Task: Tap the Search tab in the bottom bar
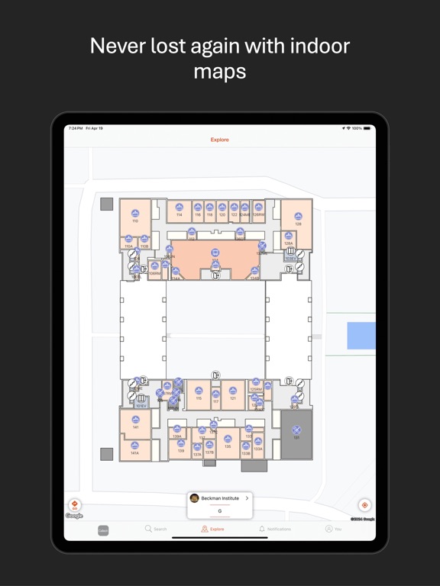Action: coord(156,529)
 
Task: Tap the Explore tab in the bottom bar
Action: coord(213,529)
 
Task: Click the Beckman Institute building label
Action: coord(220,498)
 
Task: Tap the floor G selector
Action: coord(220,511)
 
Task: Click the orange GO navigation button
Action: coord(74,505)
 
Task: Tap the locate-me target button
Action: coord(364,505)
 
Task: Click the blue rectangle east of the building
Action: coord(361,336)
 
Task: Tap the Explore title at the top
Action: coord(220,140)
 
